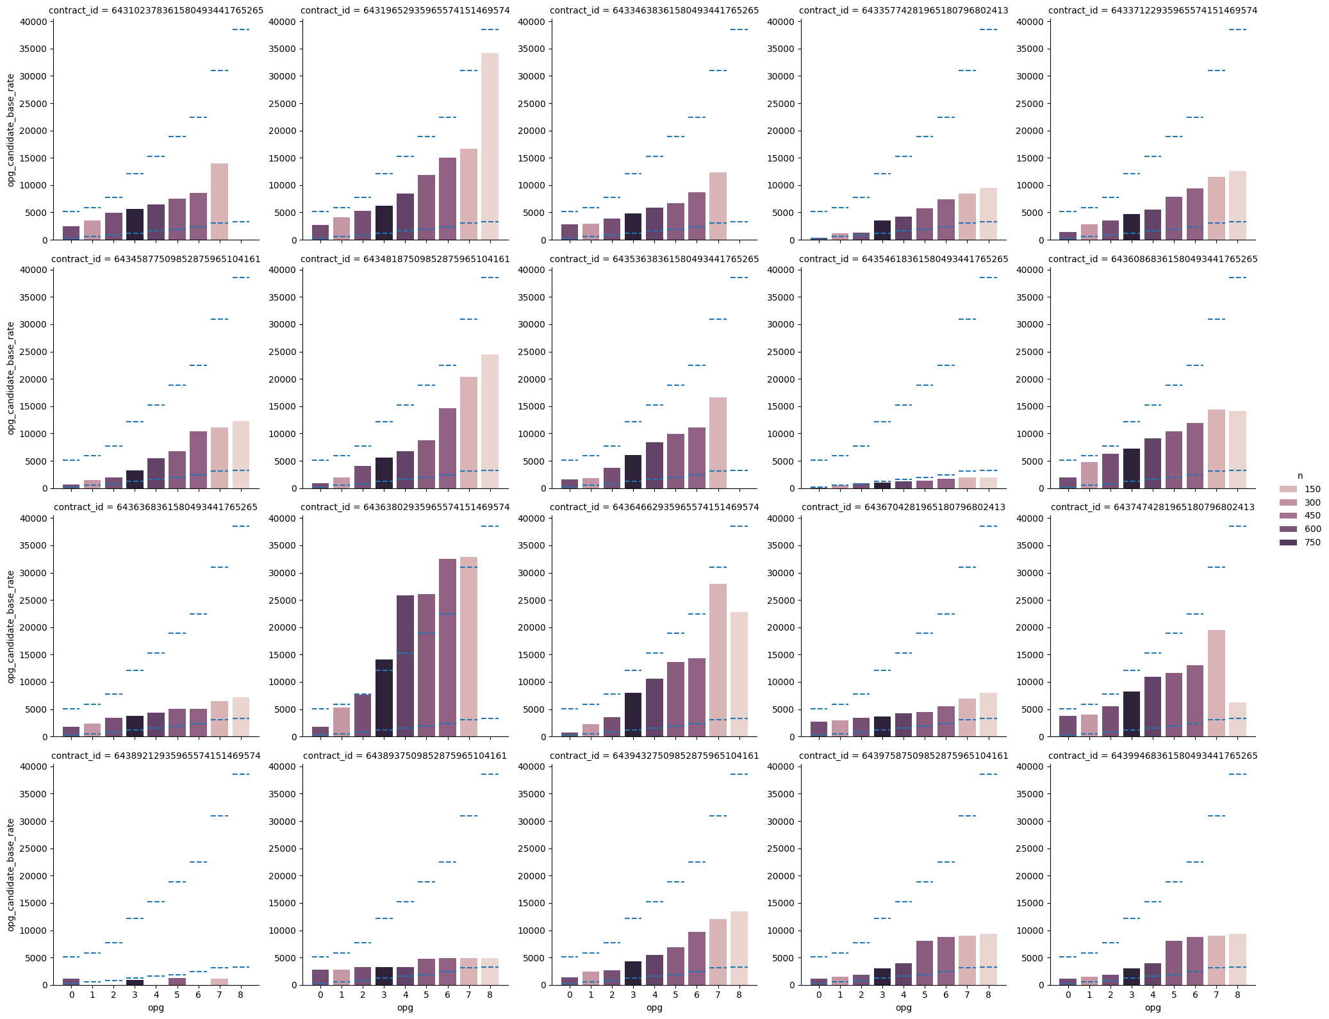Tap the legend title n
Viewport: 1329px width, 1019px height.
pos(1300,476)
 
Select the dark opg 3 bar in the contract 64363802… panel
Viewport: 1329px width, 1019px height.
pos(384,698)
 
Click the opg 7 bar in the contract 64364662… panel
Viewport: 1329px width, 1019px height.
pos(718,660)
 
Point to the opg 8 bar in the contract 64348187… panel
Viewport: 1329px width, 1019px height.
pos(490,421)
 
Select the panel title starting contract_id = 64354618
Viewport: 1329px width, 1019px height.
pos(904,259)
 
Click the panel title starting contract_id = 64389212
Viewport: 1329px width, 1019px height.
pos(156,756)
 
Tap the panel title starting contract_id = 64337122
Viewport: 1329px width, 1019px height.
pos(1153,11)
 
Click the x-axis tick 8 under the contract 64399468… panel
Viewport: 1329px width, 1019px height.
pos(1237,995)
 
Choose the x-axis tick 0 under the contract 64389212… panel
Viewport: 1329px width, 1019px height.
pos(71,995)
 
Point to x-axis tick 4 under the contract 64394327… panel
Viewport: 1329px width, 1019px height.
pos(654,995)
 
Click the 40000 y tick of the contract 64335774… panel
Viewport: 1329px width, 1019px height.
pos(780,22)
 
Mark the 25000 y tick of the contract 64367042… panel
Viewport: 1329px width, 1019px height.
pos(780,601)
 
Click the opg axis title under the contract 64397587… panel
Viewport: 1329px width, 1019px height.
pos(904,1007)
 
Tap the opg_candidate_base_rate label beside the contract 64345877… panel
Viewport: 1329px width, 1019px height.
pos(11,378)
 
